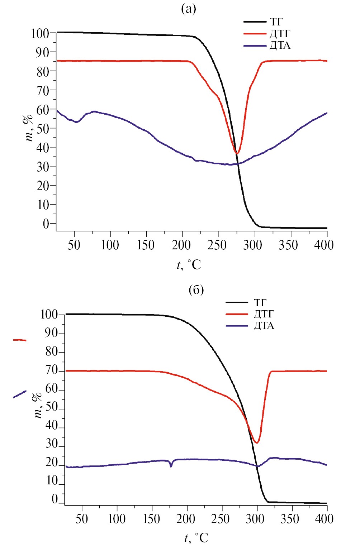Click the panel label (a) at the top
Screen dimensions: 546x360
click(189, 9)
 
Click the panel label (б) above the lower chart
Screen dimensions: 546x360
click(196, 289)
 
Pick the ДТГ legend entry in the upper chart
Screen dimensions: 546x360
click(279, 34)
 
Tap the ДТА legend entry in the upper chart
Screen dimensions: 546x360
click(280, 45)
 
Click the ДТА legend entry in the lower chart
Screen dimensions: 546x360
click(264, 326)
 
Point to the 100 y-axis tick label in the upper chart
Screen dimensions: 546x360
click(40, 34)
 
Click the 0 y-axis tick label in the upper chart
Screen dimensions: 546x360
click(46, 224)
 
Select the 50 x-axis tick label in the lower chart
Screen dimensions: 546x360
click(82, 519)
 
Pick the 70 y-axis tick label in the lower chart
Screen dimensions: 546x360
click(52, 370)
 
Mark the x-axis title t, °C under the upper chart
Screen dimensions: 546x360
click(189, 265)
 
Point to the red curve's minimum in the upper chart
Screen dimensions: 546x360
click(237, 153)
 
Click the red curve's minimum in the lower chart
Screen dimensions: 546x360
click(256, 442)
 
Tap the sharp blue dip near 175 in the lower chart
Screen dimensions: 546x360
click(171, 466)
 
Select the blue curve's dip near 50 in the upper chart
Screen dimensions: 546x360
click(76, 122)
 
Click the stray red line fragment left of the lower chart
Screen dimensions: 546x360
click(20, 340)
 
